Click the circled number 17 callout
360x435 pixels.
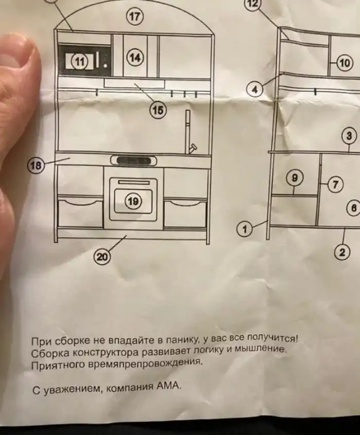135,17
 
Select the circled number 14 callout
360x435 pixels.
135,57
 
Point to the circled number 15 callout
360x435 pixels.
158,110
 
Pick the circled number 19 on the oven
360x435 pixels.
133,202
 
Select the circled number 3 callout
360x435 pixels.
349,136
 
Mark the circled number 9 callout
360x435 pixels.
294,178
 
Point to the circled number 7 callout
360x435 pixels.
335,184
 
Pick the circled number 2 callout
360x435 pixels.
341,252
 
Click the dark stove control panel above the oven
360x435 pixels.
133,161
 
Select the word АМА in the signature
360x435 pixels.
170,386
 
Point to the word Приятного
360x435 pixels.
53,365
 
